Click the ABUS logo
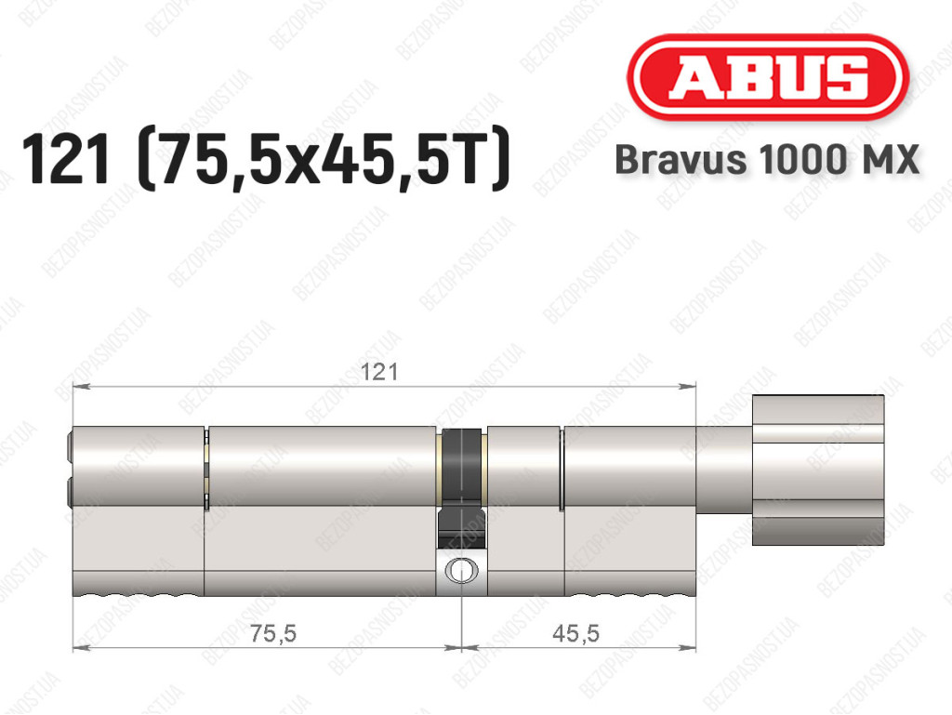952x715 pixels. pyautogui.click(x=768, y=78)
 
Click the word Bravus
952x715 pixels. pyautogui.click(x=681, y=160)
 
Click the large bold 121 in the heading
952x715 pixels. pyautogui.click(x=66, y=159)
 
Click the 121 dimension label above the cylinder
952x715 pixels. pyautogui.click(x=379, y=372)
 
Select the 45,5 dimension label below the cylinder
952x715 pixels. pyautogui.click(x=575, y=634)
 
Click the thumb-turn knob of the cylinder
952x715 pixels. pyautogui.click(x=818, y=470)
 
